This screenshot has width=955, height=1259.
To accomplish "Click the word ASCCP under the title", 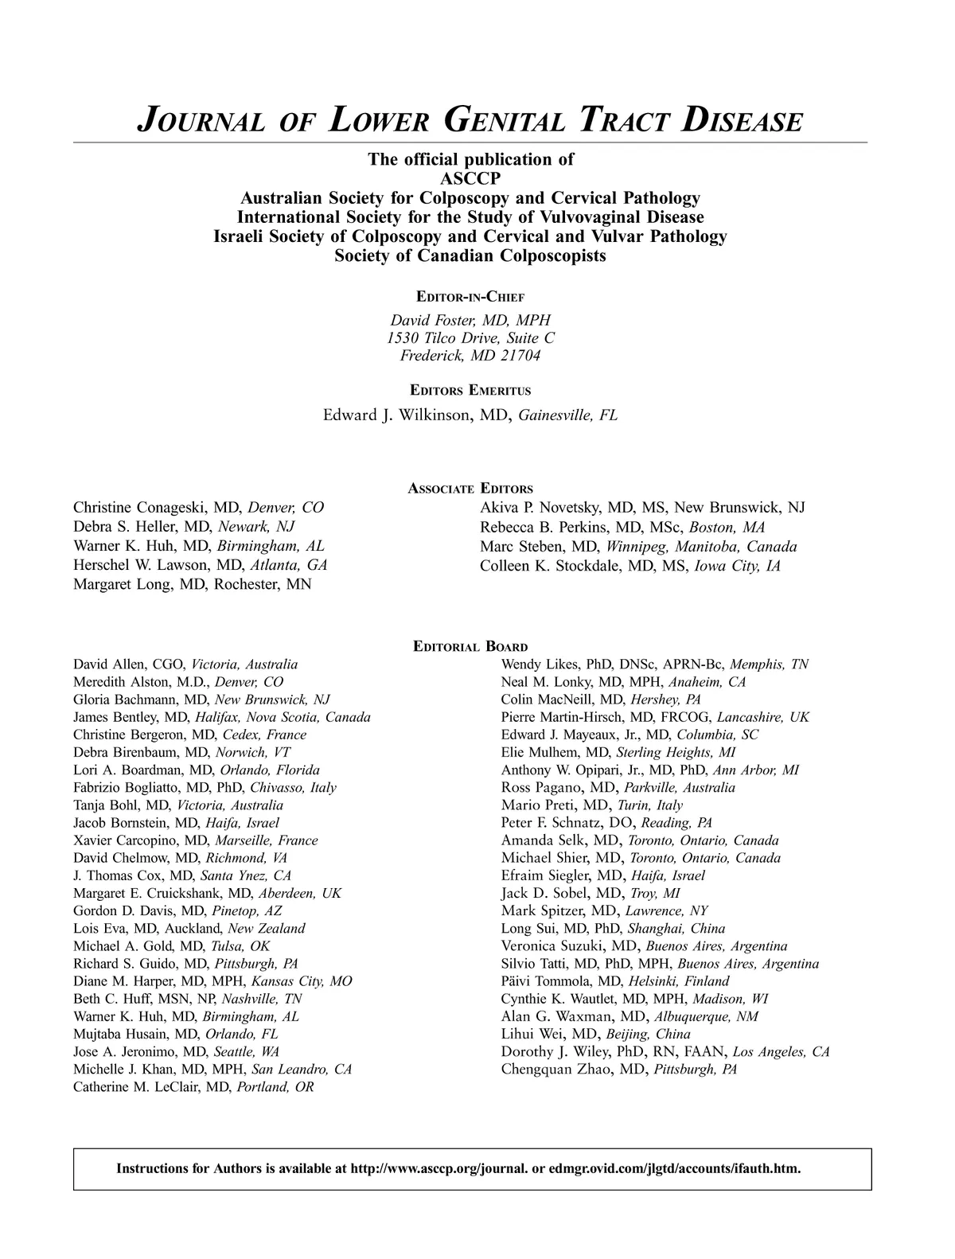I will (470, 178).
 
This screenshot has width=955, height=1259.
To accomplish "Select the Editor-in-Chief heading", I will (470, 297).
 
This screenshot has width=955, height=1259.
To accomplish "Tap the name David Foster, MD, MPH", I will (470, 320).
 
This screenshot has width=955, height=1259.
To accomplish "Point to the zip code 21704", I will (520, 356).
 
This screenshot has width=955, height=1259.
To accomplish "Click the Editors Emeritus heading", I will (470, 391).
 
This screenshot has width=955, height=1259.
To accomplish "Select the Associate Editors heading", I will (470, 489).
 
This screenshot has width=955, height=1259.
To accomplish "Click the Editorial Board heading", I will (470, 647).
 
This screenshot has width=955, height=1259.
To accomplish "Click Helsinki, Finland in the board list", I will (678, 981).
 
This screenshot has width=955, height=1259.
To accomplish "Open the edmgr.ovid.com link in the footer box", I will (674, 1169).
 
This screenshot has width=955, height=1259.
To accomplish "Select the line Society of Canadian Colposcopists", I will (470, 256).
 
